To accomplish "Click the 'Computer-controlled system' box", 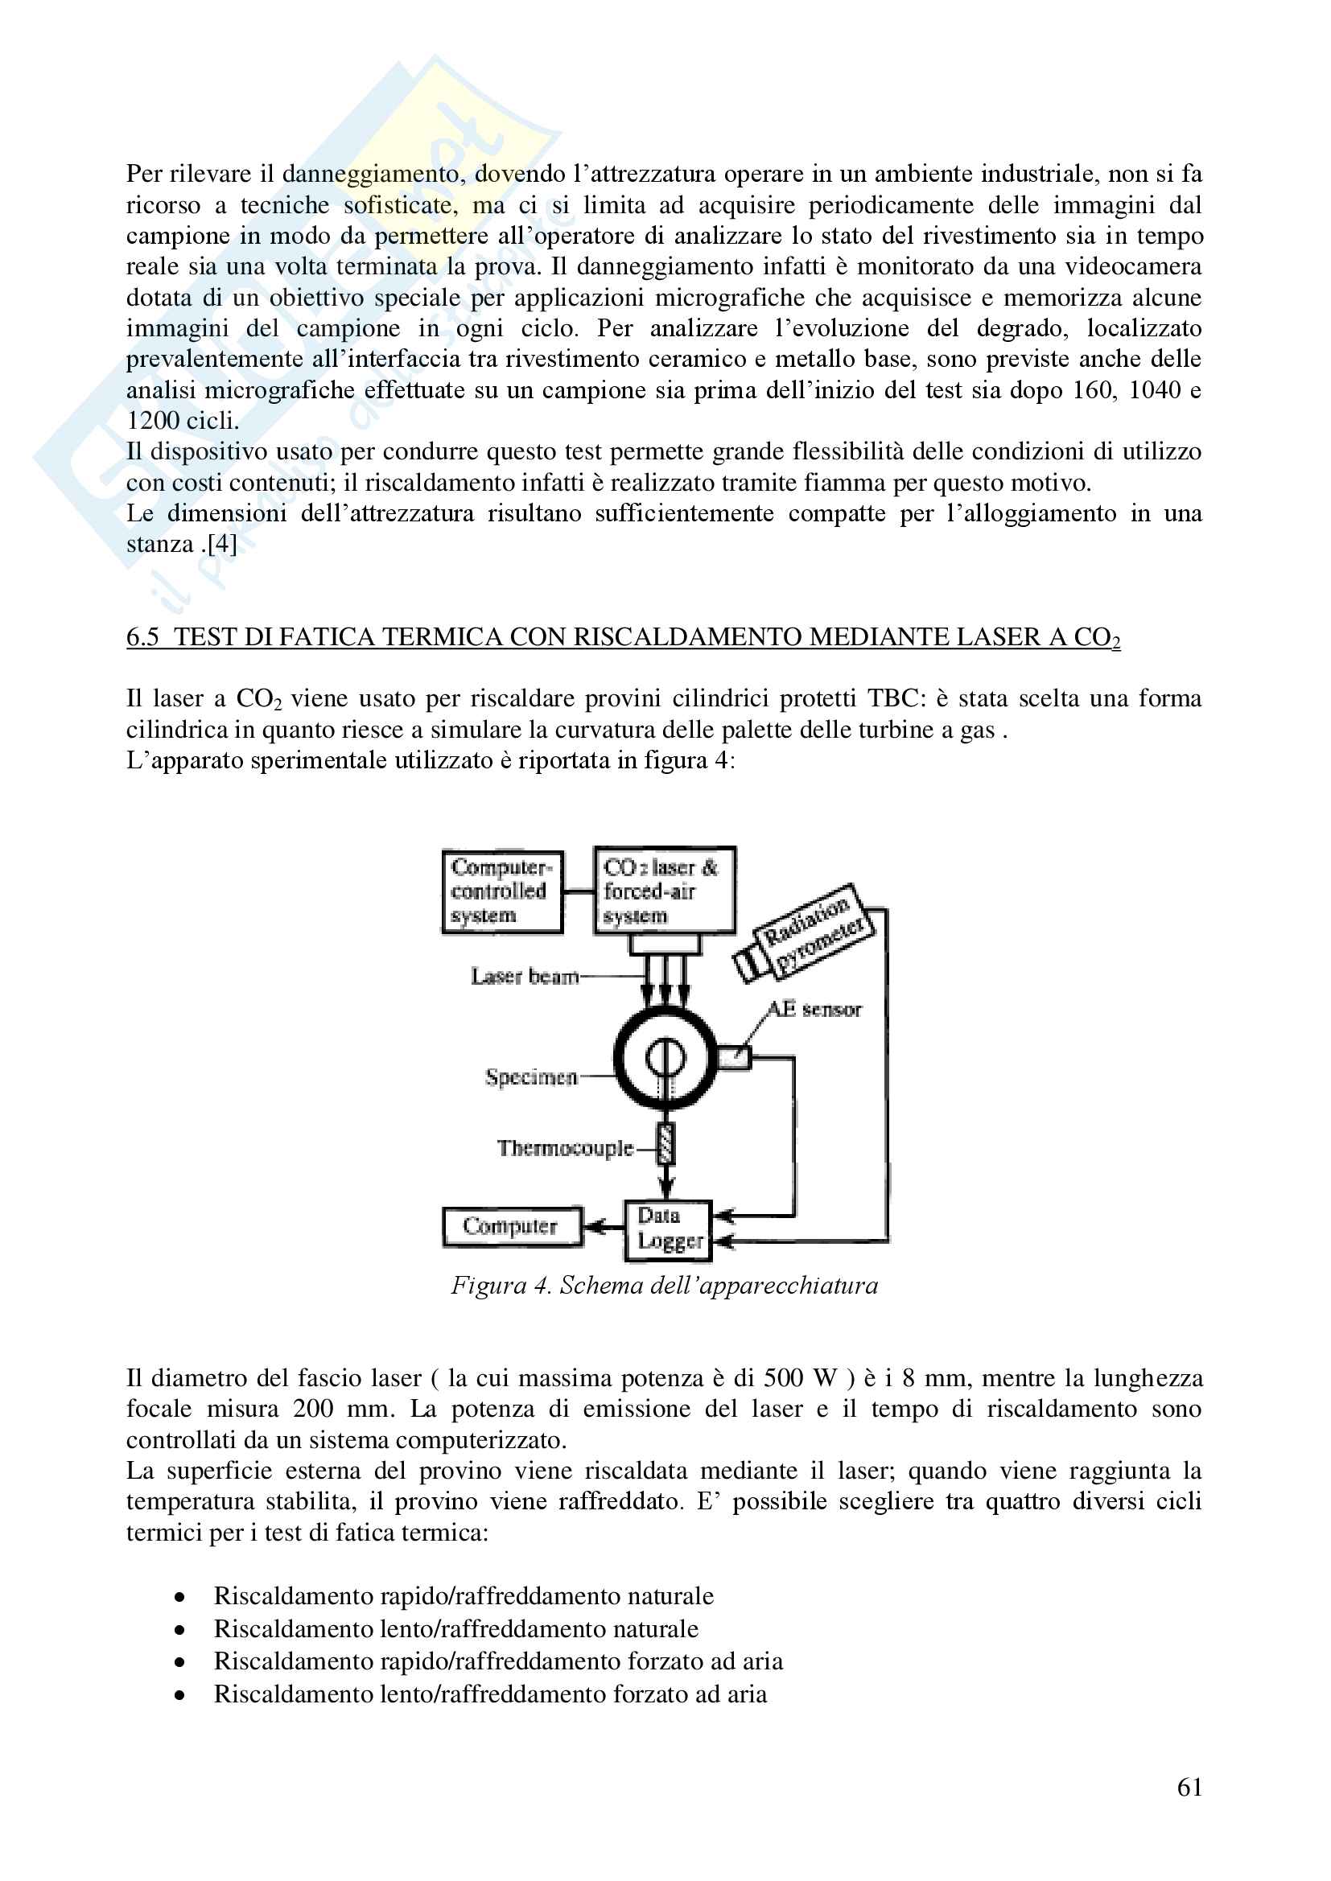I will pos(501,891).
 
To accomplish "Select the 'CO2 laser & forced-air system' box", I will pos(664,891).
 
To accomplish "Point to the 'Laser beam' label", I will pos(525,976).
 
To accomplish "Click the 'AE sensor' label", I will pos(814,1010).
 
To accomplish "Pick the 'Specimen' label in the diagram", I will pos(531,1076).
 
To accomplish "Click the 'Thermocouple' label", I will pos(565,1148).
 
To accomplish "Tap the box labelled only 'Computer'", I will pos(512,1226).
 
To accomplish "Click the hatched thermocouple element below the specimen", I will pos(666,1144).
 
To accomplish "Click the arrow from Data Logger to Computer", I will pos(604,1227).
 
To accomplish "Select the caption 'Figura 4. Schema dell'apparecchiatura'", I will pos(664,1286).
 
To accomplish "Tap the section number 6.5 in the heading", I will pos(142,636).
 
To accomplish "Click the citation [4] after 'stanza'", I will pos(221,544).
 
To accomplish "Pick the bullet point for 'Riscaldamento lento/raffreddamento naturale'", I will pos(179,1629).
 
